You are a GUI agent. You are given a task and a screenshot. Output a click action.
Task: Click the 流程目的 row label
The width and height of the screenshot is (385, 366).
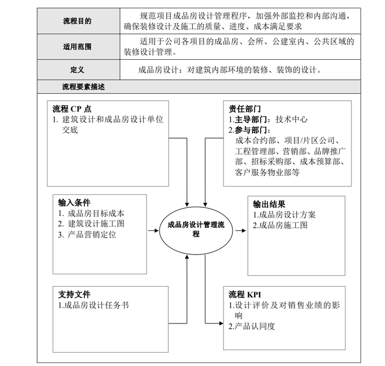point(77,21)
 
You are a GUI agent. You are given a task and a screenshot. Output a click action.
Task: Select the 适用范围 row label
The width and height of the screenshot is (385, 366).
point(77,47)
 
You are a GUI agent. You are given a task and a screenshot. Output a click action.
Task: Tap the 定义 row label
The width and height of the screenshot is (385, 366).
point(77,70)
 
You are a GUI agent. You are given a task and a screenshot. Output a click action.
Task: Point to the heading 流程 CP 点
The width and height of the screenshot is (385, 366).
point(72,109)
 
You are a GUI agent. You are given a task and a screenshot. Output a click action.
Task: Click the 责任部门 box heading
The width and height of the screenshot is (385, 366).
point(245,109)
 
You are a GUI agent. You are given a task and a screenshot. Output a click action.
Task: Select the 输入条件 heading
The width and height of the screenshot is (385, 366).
point(74,203)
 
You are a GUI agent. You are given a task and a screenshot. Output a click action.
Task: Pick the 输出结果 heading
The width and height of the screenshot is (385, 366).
point(269,204)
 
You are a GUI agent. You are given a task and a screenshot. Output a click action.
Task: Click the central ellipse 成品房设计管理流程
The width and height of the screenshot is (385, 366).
point(195,229)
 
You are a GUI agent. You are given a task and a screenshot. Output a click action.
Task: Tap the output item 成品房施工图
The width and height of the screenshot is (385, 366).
point(280,225)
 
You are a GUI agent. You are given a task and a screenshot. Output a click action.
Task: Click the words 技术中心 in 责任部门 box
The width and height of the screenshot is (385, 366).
point(292,119)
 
